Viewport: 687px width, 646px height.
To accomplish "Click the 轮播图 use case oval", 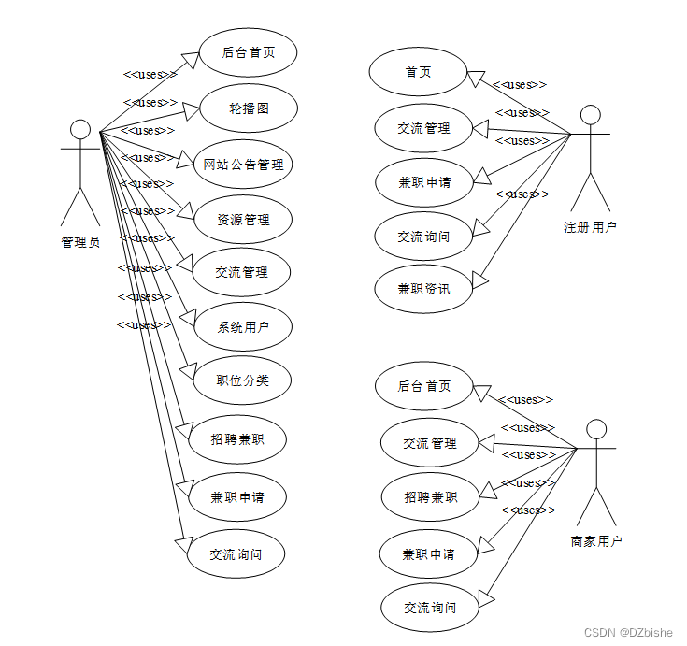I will pyautogui.click(x=249, y=108).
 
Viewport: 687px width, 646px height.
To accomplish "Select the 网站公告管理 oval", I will pyautogui.click(x=243, y=165).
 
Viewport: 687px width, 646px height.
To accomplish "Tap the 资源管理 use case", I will pyautogui.click(x=243, y=220).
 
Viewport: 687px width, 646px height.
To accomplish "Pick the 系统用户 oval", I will pyautogui.click(x=243, y=327).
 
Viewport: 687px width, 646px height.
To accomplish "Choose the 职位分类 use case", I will pyautogui.click(x=242, y=380).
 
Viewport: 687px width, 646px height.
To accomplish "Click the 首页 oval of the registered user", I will pyautogui.click(x=418, y=72).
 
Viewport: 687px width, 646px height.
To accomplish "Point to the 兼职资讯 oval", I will pyautogui.click(x=423, y=289).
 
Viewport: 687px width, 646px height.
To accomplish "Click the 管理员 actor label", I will pyautogui.click(x=80, y=241).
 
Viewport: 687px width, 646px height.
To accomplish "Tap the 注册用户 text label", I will pyautogui.click(x=590, y=226).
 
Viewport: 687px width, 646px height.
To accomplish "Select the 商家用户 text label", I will pyautogui.click(x=596, y=540).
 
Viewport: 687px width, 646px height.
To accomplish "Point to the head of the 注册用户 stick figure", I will pyautogui.click(x=589, y=114).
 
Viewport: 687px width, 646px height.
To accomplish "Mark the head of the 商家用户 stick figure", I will pyautogui.click(x=595, y=429).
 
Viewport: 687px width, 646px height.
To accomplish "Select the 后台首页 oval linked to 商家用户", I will pyautogui.click(x=424, y=386).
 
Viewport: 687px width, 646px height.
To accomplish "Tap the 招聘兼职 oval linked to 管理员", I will pyautogui.click(x=237, y=438).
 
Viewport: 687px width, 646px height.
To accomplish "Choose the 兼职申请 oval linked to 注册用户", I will pyautogui.click(x=424, y=181).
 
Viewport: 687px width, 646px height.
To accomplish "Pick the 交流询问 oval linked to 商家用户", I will pyautogui.click(x=430, y=608).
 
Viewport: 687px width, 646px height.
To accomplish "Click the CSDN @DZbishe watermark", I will pyautogui.click(x=628, y=633).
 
